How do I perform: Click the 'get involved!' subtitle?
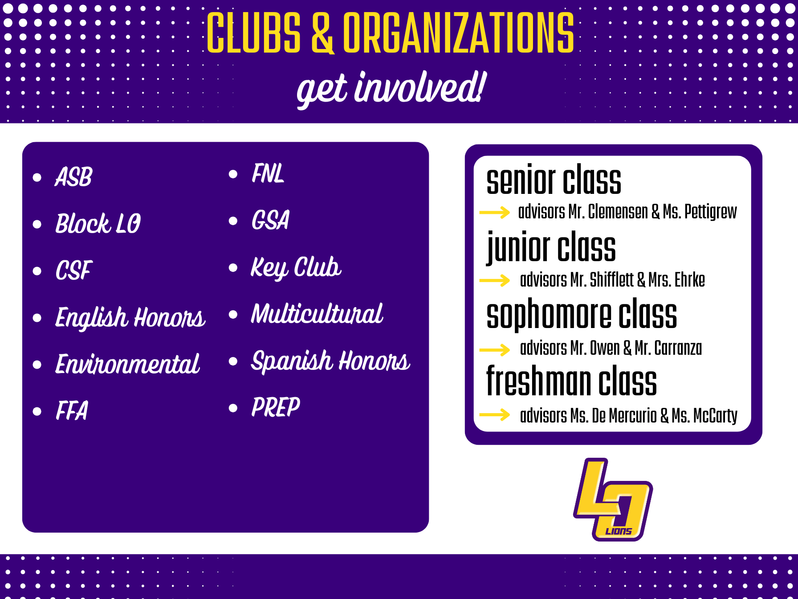[391, 89]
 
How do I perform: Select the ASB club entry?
[74, 176]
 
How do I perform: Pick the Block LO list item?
[98, 223]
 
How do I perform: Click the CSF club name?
[74, 270]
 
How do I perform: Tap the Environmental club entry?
[127, 364]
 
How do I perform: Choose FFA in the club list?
[72, 410]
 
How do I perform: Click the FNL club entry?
[268, 173]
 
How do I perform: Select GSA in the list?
[271, 220]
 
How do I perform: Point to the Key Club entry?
[296, 268]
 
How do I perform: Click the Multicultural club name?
[317, 314]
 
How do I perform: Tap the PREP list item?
[276, 407]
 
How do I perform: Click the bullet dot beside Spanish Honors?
[233, 361]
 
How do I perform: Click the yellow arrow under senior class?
[494, 212]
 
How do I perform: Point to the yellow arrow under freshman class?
[494, 414]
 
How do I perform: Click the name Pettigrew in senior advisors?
[711, 212]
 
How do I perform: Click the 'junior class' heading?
[551, 247]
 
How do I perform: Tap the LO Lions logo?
[613, 500]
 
